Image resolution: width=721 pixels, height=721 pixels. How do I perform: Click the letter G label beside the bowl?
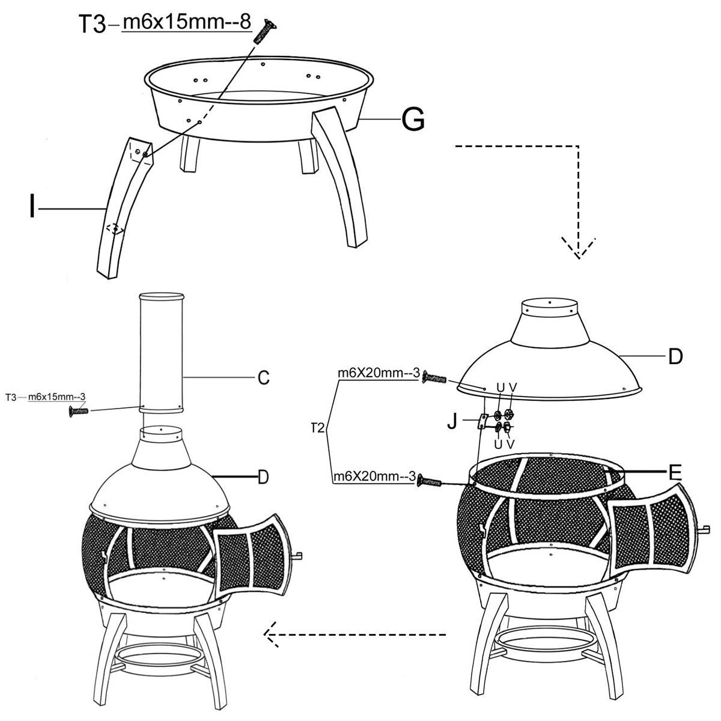[413, 120]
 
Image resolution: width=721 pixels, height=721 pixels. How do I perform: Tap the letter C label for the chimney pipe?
[264, 378]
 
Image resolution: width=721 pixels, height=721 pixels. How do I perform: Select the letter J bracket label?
[452, 422]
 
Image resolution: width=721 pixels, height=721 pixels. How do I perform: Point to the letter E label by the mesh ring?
[675, 473]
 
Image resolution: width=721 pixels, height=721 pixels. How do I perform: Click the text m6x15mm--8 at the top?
[187, 22]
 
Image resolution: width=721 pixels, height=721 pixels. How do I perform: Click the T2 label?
[318, 427]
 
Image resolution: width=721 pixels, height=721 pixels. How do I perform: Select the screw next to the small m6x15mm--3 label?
[79, 411]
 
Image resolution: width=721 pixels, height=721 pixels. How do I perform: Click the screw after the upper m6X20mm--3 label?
[434, 379]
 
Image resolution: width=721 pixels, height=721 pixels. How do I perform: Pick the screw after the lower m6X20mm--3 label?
[430, 481]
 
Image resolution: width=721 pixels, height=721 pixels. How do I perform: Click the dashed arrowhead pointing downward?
[579, 248]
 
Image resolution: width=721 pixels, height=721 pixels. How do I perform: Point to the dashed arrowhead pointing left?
[271, 634]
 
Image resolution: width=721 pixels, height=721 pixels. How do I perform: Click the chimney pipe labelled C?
[161, 353]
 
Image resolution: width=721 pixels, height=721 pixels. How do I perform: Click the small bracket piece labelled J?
[482, 421]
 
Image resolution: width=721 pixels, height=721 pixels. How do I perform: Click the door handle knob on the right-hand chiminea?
[705, 530]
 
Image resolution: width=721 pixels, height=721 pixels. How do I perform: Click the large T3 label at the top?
[93, 24]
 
